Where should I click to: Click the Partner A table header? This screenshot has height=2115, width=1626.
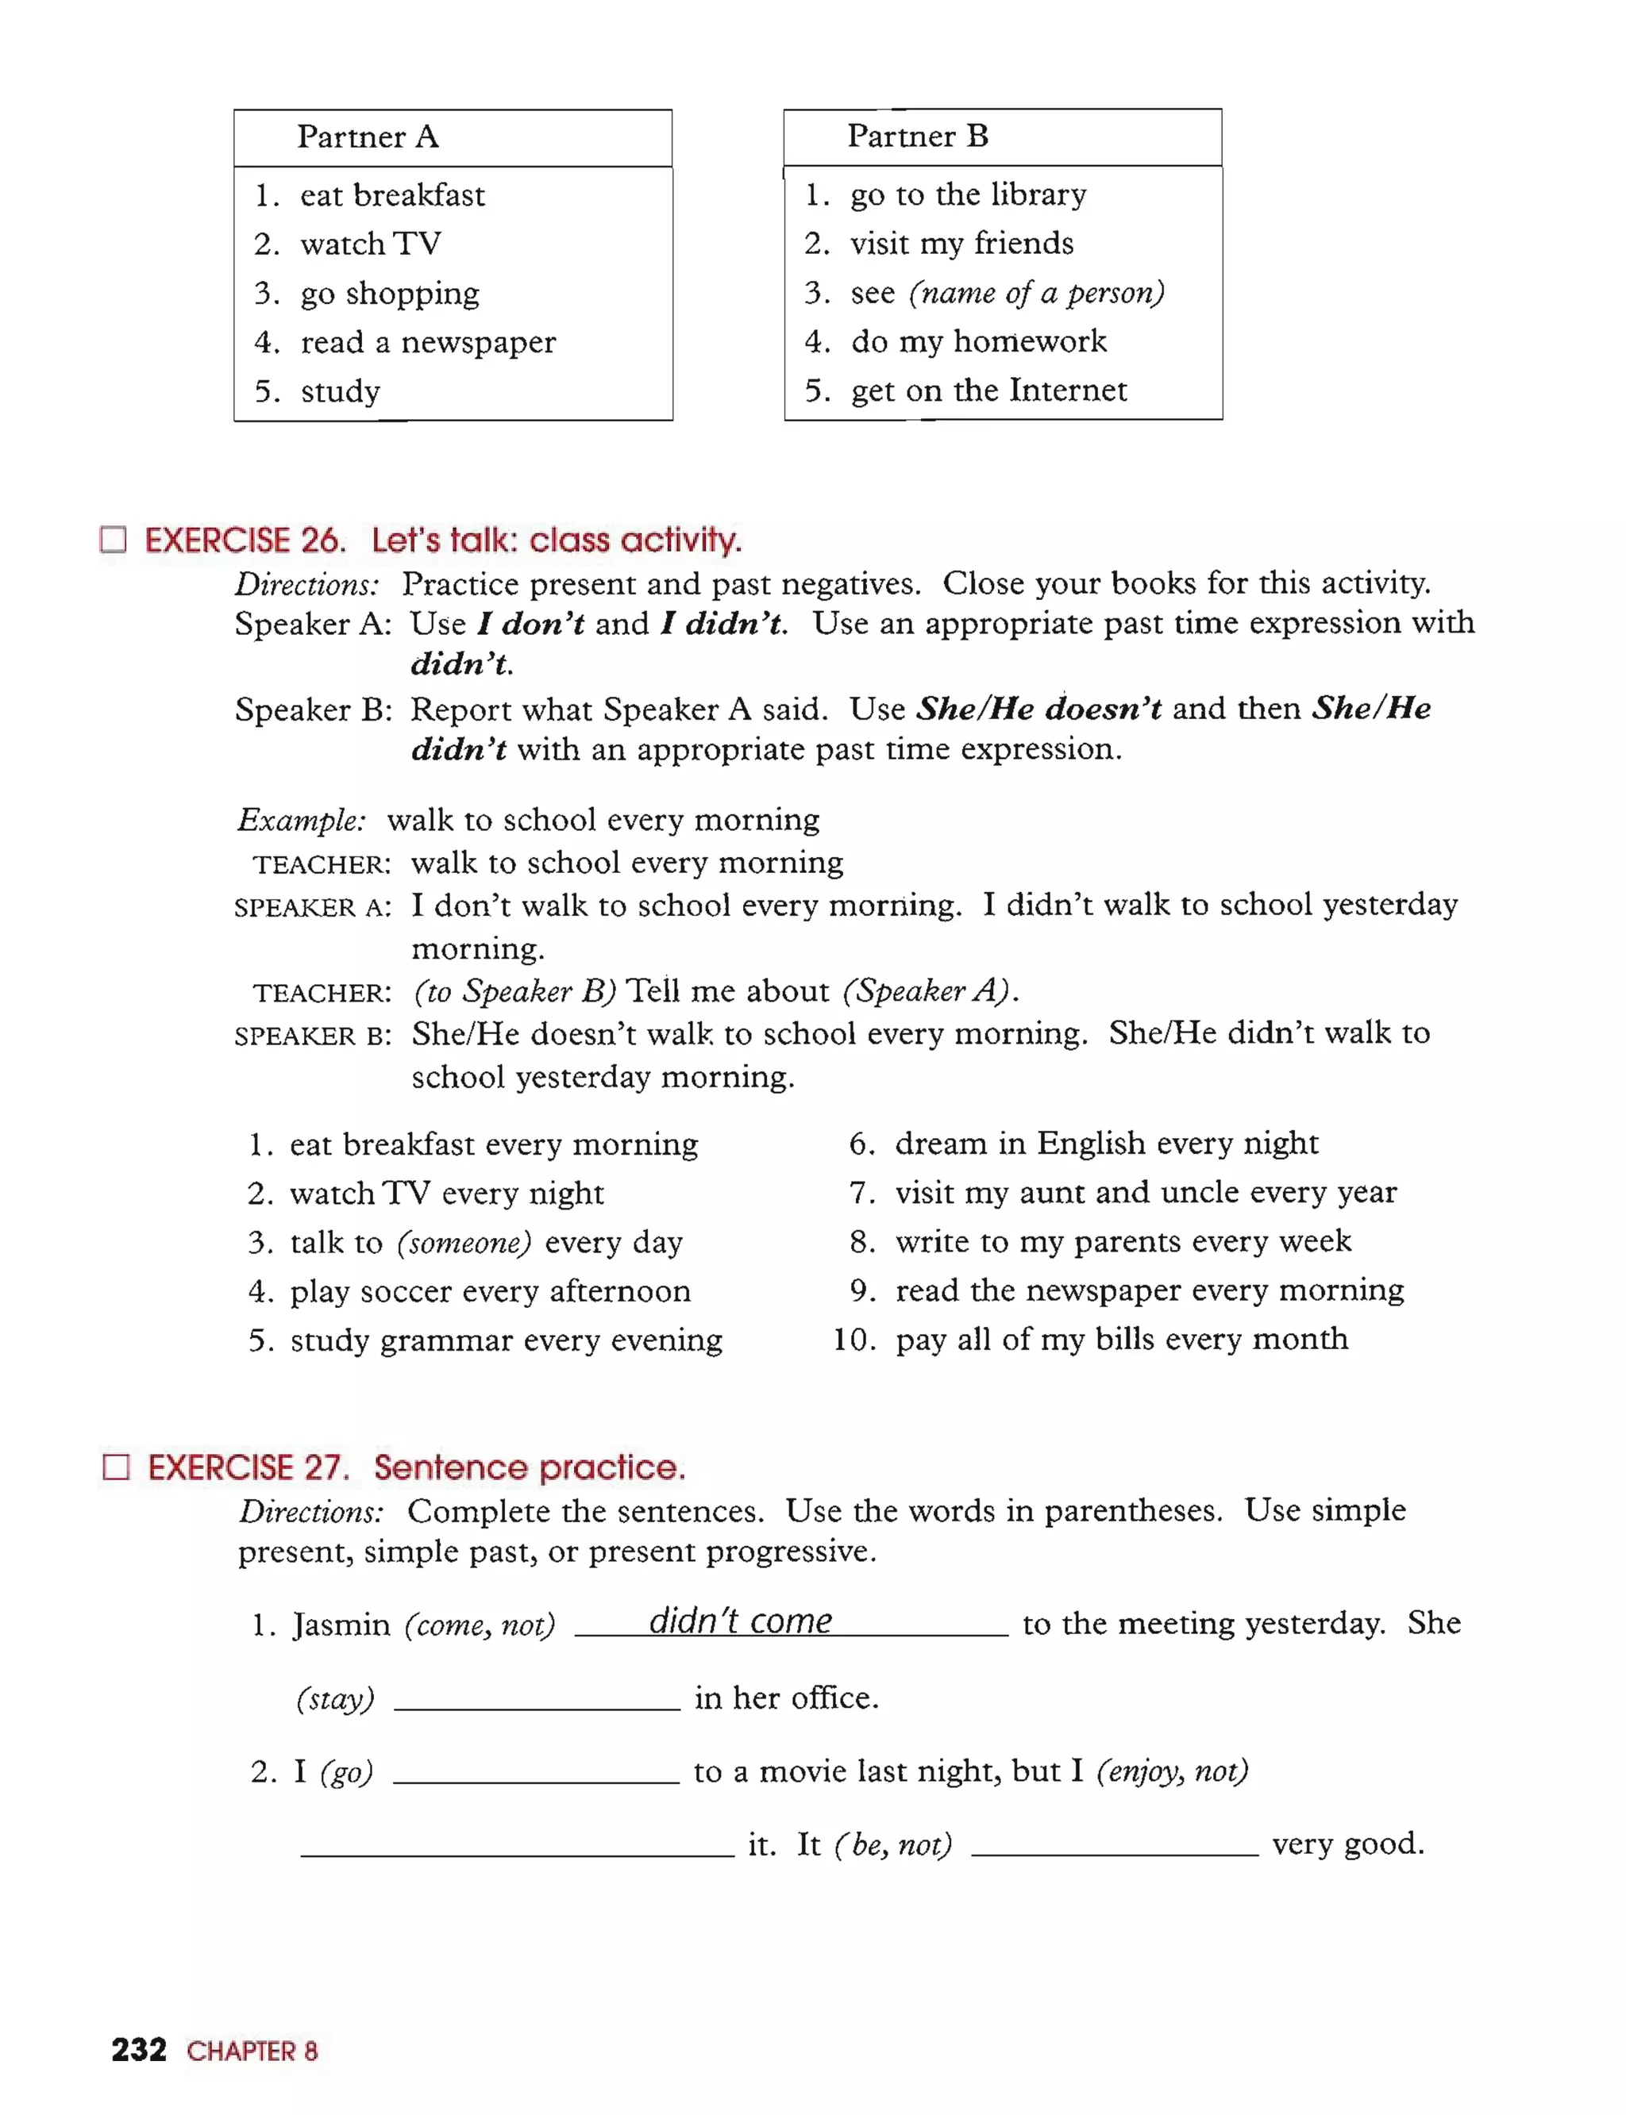click(x=368, y=137)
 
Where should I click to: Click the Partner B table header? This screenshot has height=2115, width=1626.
click(x=918, y=137)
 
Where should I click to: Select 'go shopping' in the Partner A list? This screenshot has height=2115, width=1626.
click(x=389, y=293)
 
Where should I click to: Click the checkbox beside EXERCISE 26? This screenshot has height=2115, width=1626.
click(x=114, y=539)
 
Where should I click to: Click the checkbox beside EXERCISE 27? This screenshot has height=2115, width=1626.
click(x=116, y=1467)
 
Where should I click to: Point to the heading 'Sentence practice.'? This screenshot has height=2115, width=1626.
click(x=530, y=1467)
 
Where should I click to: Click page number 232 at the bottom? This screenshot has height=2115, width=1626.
click(x=138, y=2049)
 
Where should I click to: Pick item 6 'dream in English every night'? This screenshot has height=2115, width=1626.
click(x=1105, y=1143)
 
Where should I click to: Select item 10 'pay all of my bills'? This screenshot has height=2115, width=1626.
click(x=1121, y=1339)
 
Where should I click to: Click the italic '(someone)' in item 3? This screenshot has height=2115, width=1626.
click(x=464, y=1242)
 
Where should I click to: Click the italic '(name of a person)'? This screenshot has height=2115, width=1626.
click(x=1035, y=292)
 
